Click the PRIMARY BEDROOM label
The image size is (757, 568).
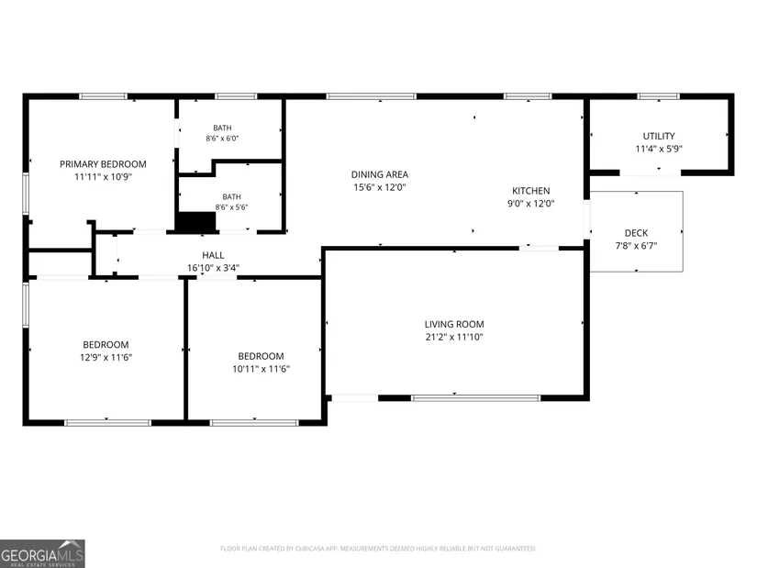point(103,164)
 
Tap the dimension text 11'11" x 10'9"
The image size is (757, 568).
point(103,177)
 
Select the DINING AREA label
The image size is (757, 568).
point(380,174)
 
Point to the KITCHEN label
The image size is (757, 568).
point(530,191)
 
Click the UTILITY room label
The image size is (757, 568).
point(659,136)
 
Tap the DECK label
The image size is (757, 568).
point(636,233)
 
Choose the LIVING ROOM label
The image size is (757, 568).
point(454,325)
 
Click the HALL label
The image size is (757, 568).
point(213,255)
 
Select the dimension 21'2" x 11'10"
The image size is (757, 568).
point(454,337)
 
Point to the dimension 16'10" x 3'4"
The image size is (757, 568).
point(213,268)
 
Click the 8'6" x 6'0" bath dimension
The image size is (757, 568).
point(222,139)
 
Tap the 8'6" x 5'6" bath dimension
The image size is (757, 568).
point(231,207)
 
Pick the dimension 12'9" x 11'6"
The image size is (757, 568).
point(106,358)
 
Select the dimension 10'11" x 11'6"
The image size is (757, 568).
point(261,369)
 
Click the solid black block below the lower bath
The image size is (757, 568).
point(196,222)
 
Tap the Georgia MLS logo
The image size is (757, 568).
point(42,553)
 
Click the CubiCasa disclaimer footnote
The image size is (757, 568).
point(378,549)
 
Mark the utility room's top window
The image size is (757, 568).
point(658,96)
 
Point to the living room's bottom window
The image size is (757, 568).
point(475,398)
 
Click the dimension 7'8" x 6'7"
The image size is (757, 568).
point(636,246)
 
